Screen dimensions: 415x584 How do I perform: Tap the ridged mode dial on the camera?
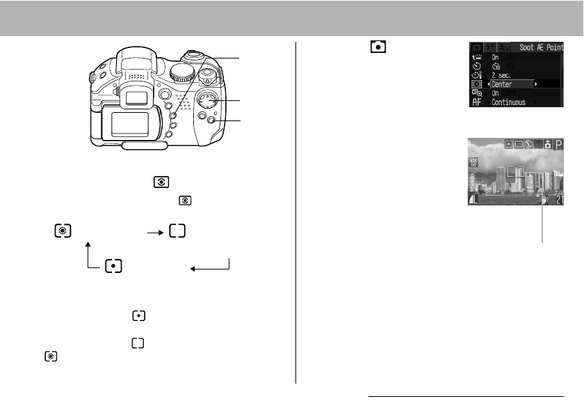[183, 72]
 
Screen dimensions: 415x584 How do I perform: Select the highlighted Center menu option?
[503, 84]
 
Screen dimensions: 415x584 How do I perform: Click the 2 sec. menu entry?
[504, 75]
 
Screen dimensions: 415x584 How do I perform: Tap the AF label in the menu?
[476, 102]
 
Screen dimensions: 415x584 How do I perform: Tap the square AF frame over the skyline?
[513, 172]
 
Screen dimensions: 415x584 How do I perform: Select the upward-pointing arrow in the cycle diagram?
[88, 254]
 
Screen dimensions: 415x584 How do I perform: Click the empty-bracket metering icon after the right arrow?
[177, 232]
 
